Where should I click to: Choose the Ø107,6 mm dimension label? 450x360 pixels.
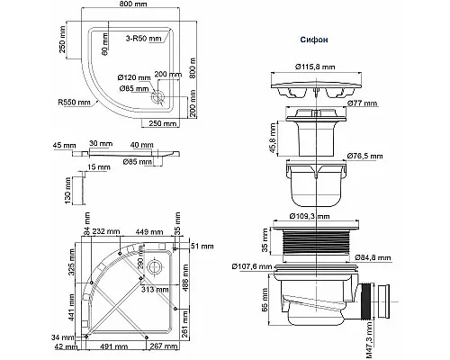click(x=253, y=265)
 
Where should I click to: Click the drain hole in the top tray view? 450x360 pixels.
click(x=160, y=91)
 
